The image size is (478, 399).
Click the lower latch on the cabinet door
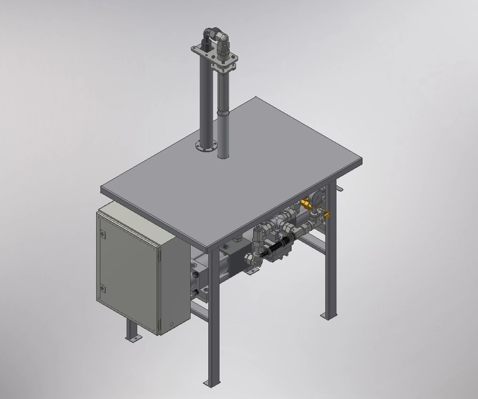tap(103, 289)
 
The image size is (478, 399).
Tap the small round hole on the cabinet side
tap(171, 324)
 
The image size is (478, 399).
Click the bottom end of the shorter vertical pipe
tap(224, 155)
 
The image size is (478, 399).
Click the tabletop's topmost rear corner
tap(256, 98)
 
